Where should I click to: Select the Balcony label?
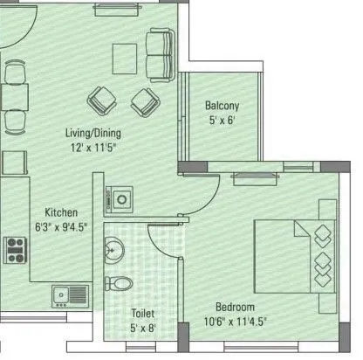(223, 106)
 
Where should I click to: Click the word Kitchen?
(62, 212)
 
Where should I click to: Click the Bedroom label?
(236, 308)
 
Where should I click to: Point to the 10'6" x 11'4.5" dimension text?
(236, 322)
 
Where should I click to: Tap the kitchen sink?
(68, 295)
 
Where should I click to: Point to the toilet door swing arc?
(164, 236)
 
